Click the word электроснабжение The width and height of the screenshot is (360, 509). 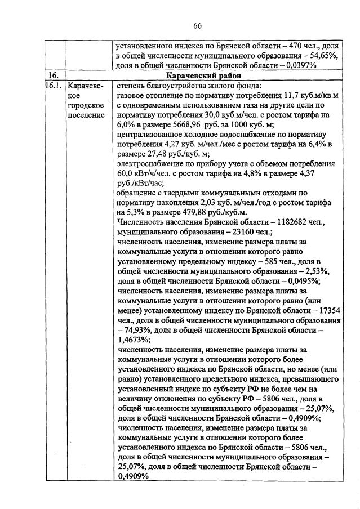point(152,164)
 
